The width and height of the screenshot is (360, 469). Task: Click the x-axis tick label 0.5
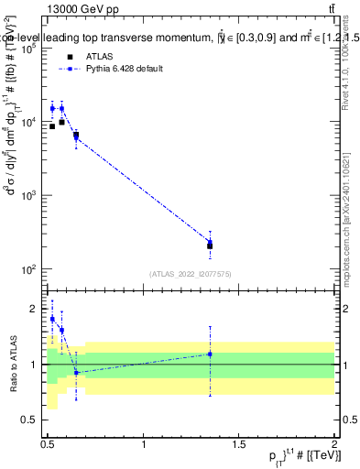coord(48,444)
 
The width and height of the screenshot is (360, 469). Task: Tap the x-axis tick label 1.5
coord(239,444)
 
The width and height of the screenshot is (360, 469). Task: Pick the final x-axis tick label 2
coord(334,444)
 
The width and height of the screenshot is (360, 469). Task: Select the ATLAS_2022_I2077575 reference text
coord(191,274)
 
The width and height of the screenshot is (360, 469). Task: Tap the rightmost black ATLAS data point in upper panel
coord(210,245)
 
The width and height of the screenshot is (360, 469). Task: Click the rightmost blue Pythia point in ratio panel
coord(210,354)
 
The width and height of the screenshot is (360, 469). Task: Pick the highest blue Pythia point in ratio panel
coord(52,319)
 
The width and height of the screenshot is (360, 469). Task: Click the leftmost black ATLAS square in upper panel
coord(52,126)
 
